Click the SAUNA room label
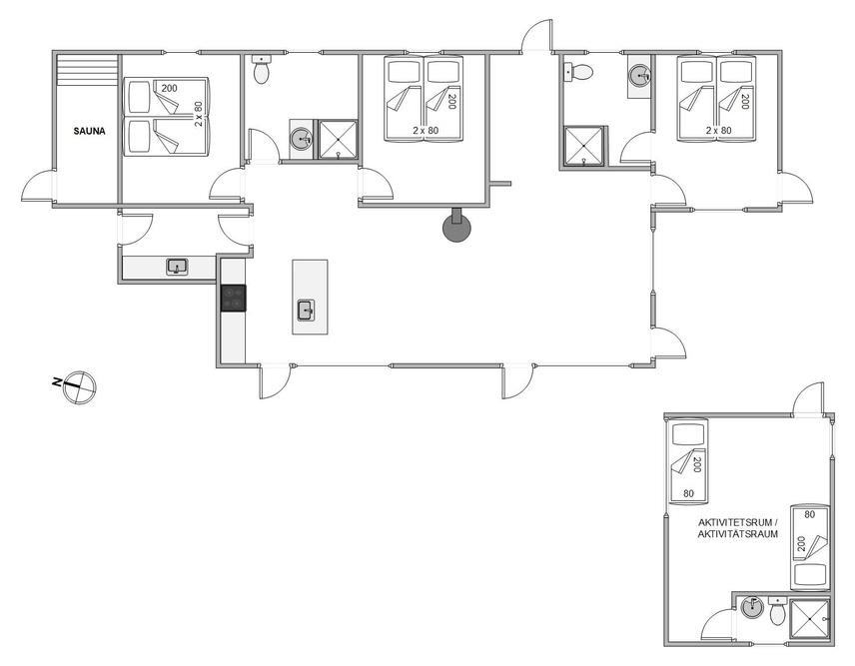90,132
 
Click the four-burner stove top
233,298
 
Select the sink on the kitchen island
306,311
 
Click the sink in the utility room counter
177,267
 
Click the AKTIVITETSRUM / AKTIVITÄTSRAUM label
738,528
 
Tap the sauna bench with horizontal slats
88,69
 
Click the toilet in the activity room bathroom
777,611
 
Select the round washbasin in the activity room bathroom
753,607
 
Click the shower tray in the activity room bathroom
809,619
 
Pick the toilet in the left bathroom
262,70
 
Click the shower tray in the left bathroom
338,140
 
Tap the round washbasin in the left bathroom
301,140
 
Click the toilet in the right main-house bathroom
578,72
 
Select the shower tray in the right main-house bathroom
584,146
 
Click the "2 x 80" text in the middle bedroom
426,131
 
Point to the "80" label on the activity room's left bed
688,493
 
